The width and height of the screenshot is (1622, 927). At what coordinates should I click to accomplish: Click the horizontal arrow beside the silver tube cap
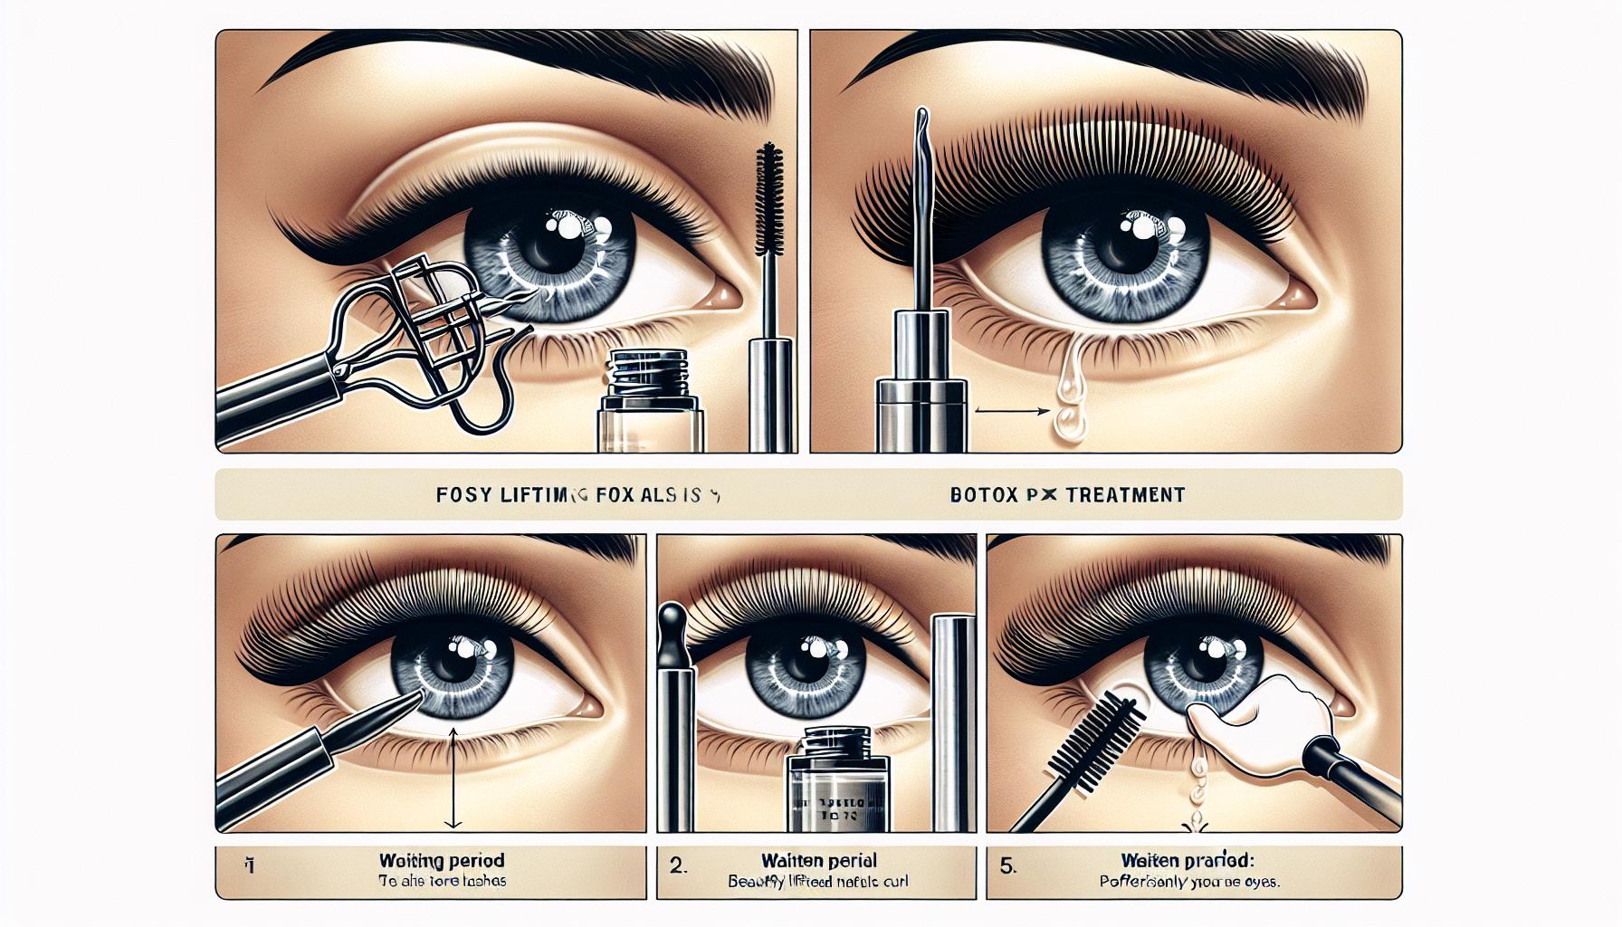point(1010,410)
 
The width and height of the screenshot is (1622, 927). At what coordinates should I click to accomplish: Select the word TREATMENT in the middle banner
point(1125,495)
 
